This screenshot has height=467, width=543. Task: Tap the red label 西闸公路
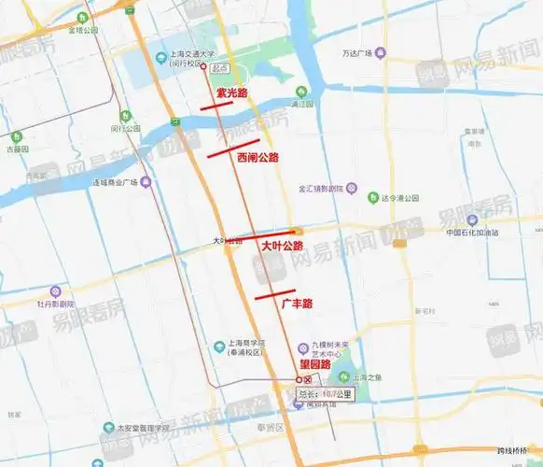[258, 157]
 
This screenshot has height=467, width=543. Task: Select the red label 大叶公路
[282, 246]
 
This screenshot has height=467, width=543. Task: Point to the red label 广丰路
[297, 304]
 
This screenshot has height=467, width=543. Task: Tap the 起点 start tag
[219, 68]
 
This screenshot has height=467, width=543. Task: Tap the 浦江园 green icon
[301, 92]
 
